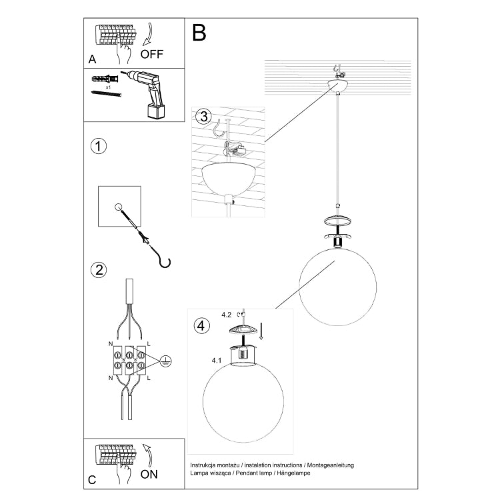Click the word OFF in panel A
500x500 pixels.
pyautogui.click(x=152, y=54)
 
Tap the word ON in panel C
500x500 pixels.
pyautogui.click(x=149, y=474)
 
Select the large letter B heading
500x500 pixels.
pyautogui.click(x=199, y=33)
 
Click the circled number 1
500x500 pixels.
pyautogui.click(x=99, y=147)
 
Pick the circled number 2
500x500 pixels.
pyautogui.click(x=99, y=270)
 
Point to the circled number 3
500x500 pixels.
pyautogui.click(x=203, y=117)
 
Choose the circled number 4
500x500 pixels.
pyautogui.click(x=201, y=326)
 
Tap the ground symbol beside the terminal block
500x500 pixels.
pyautogui.click(x=166, y=361)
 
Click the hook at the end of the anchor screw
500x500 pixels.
pyautogui.click(x=164, y=261)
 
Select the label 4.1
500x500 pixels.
pyautogui.click(x=217, y=360)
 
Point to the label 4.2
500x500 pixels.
pyautogui.click(x=227, y=315)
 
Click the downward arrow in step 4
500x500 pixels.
pyautogui.click(x=261, y=331)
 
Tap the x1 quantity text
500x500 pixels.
pyautogui.click(x=109, y=87)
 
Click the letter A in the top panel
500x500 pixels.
pyautogui.click(x=92, y=59)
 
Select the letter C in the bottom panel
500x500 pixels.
pyautogui.click(x=92, y=480)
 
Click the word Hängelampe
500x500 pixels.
pyautogui.click(x=293, y=473)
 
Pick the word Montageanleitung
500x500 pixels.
pyautogui.click(x=331, y=465)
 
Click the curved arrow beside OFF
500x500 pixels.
pyautogui.click(x=148, y=34)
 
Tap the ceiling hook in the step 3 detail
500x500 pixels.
pyautogui.click(x=220, y=128)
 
